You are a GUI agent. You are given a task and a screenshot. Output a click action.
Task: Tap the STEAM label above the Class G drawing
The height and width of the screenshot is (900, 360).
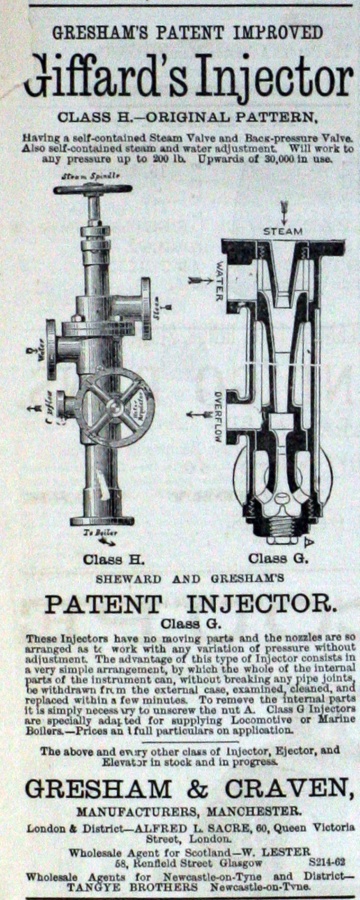point(281,232)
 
